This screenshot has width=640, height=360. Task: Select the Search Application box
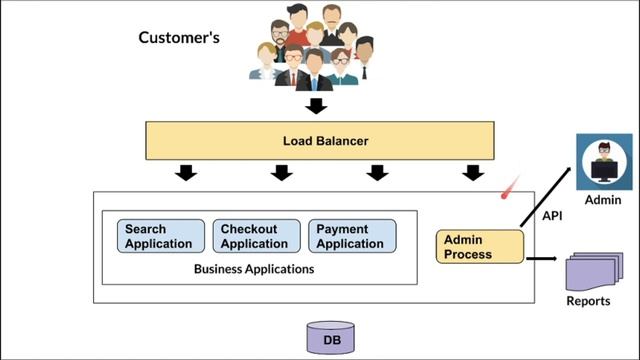click(x=161, y=236)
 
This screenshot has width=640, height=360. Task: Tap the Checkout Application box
click(x=256, y=236)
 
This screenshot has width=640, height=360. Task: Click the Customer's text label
click(x=179, y=39)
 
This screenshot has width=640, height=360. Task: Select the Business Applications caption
click(x=254, y=269)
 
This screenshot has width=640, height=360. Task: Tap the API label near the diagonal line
click(x=552, y=215)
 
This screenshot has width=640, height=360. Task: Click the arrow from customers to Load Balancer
click(x=316, y=105)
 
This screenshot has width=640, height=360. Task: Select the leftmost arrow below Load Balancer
click(x=186, y=173)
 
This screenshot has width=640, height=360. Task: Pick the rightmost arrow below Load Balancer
click(x=473, y=173)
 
